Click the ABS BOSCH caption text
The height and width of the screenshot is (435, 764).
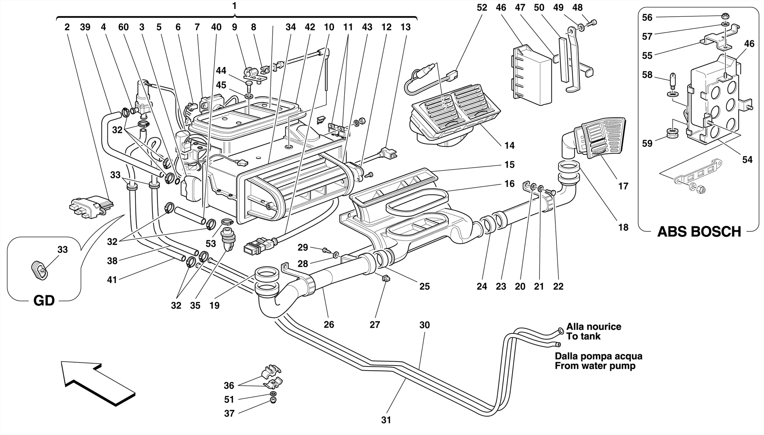[x=699, y=232]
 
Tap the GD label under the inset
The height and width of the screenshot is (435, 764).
[x=44, y=300]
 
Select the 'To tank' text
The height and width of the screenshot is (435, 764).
[x=583, y=336]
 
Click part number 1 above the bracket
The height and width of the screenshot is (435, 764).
[x=234, y=6]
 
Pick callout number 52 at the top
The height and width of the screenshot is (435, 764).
[x=482, y=7]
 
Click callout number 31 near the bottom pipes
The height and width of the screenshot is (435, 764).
[x=386, y=420]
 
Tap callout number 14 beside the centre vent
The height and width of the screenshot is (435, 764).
[x=509, y=146]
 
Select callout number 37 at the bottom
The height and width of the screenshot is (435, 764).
[x=229, y=413]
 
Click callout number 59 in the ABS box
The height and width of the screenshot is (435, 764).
[x=647, y=143]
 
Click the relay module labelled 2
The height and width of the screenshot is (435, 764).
[x=91, y=206]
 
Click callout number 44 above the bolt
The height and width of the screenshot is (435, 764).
[x=221, y=70]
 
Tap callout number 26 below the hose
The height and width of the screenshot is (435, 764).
[x=329, y=324]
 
